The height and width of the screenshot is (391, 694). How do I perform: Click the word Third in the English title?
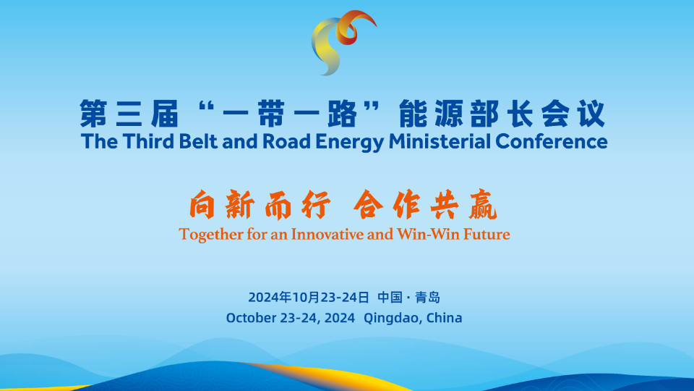coord(149,141)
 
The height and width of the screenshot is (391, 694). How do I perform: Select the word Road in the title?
coord(287,141)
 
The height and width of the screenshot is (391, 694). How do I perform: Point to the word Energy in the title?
coord(350,143)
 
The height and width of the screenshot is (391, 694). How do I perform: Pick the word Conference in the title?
coord(552,141)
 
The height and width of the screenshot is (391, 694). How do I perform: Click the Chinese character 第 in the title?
coord(93,114)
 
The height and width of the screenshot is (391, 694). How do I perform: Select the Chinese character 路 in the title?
coord(342,114)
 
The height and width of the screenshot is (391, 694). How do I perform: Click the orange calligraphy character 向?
coord(202,204)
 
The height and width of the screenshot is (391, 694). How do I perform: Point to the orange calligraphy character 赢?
coord(483,204)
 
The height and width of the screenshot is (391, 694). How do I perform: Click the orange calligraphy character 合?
coord(368,204)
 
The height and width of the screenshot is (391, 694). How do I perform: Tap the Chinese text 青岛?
coord(427,297)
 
